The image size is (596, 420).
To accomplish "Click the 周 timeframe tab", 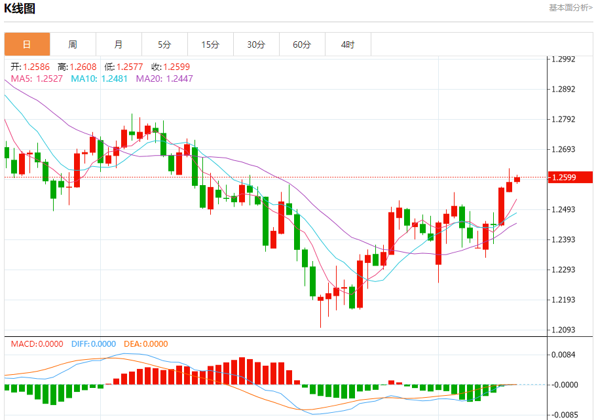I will tap(73, 44).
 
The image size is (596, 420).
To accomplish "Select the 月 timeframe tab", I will tap(119, 44).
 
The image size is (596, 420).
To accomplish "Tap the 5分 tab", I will tap(164, 44).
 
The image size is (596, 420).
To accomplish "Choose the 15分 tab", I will tap(210, 44).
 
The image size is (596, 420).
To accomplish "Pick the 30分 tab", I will tap(256, 44).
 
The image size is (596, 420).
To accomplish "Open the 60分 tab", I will tap(302, 44).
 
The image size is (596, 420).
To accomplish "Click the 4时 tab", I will tap(348, 44).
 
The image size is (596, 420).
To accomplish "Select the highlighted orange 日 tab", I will tap(27, 44).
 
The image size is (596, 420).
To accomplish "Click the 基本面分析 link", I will tap(570, 7).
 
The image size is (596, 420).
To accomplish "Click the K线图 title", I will tap(20, 9).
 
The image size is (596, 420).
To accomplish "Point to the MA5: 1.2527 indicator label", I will tap(37, 79).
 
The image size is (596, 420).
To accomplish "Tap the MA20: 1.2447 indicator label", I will tap(164, 79).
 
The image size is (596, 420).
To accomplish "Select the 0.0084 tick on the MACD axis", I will tap(563, 355).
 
